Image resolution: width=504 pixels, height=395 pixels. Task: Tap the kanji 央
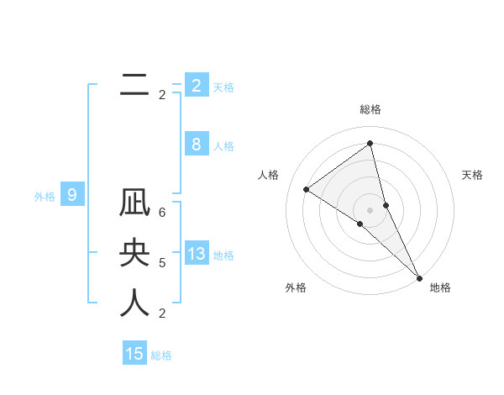[x=134, y=254]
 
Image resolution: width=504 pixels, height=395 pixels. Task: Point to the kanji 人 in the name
[x=134, y=303]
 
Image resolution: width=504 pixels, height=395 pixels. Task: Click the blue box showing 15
[x=134, y=354]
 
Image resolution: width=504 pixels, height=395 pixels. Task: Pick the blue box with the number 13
[x=196, y=254]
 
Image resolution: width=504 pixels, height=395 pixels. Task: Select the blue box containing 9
[x=72, y=196]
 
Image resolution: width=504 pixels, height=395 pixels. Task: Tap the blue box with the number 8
[x=196, y=145]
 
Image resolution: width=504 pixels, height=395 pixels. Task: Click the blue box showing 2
[x=196, y=86]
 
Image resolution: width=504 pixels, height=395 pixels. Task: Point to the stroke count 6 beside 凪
[x=162, y=213]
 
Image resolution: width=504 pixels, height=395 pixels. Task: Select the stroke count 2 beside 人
[x=162, y=313]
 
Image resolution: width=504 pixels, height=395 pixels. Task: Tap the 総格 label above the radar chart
[x=370, y=109]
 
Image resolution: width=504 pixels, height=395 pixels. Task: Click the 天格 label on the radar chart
[x=472, y=175]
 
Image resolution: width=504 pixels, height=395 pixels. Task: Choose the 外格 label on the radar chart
[x=296, y=287]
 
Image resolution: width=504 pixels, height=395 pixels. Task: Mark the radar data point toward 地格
[x=419, y=277]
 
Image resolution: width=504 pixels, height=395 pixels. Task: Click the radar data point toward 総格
[x=370, y=143]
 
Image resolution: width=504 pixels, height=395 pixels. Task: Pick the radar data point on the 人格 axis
[x=306, y=189]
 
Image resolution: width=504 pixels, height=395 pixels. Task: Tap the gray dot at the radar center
[x=370, y=208]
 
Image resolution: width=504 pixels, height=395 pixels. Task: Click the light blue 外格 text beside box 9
[x=44, y=197]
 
